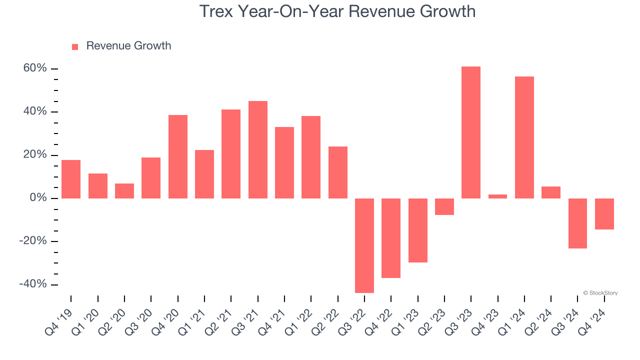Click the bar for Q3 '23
(x=470, y=132)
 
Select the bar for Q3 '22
(x=364, y=245)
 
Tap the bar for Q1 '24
(x=524, y=137)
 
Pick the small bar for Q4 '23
(x=497, y=196)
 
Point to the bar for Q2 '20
(x=124, y=191)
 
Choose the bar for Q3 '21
(x=258, y=149)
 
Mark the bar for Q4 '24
(x=604, y=214)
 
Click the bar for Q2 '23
(x=444, y=206)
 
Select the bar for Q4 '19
(x=71, y=179)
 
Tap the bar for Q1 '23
(x=417, y=230)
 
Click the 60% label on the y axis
(x=35, y=68)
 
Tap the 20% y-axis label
(x=35, y=155)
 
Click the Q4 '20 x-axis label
(x=167, y=324)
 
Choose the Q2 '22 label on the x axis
(x=327, y=324)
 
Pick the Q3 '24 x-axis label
(x=567, y=324)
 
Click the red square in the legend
(x=75, y=47)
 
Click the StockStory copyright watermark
(x=600, y=293)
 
